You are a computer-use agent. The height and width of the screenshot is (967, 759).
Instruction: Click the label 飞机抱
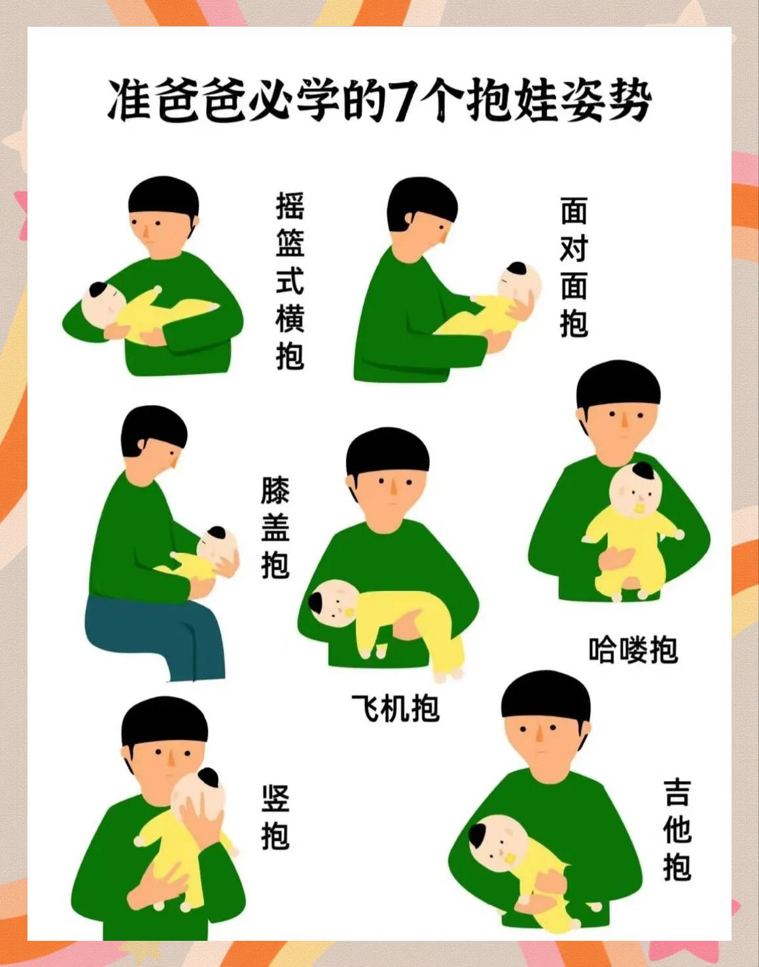click(395, 708)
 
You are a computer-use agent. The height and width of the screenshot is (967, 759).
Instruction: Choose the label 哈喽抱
click(633, 650)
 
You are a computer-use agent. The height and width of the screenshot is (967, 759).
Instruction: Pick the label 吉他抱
click(677, 830)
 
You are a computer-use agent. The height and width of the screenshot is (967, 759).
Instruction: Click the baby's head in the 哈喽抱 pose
click(635, 487)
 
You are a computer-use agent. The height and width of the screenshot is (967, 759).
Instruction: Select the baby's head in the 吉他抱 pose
click(497, 841)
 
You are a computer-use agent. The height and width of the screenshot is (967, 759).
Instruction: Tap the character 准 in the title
click(130, 101)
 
